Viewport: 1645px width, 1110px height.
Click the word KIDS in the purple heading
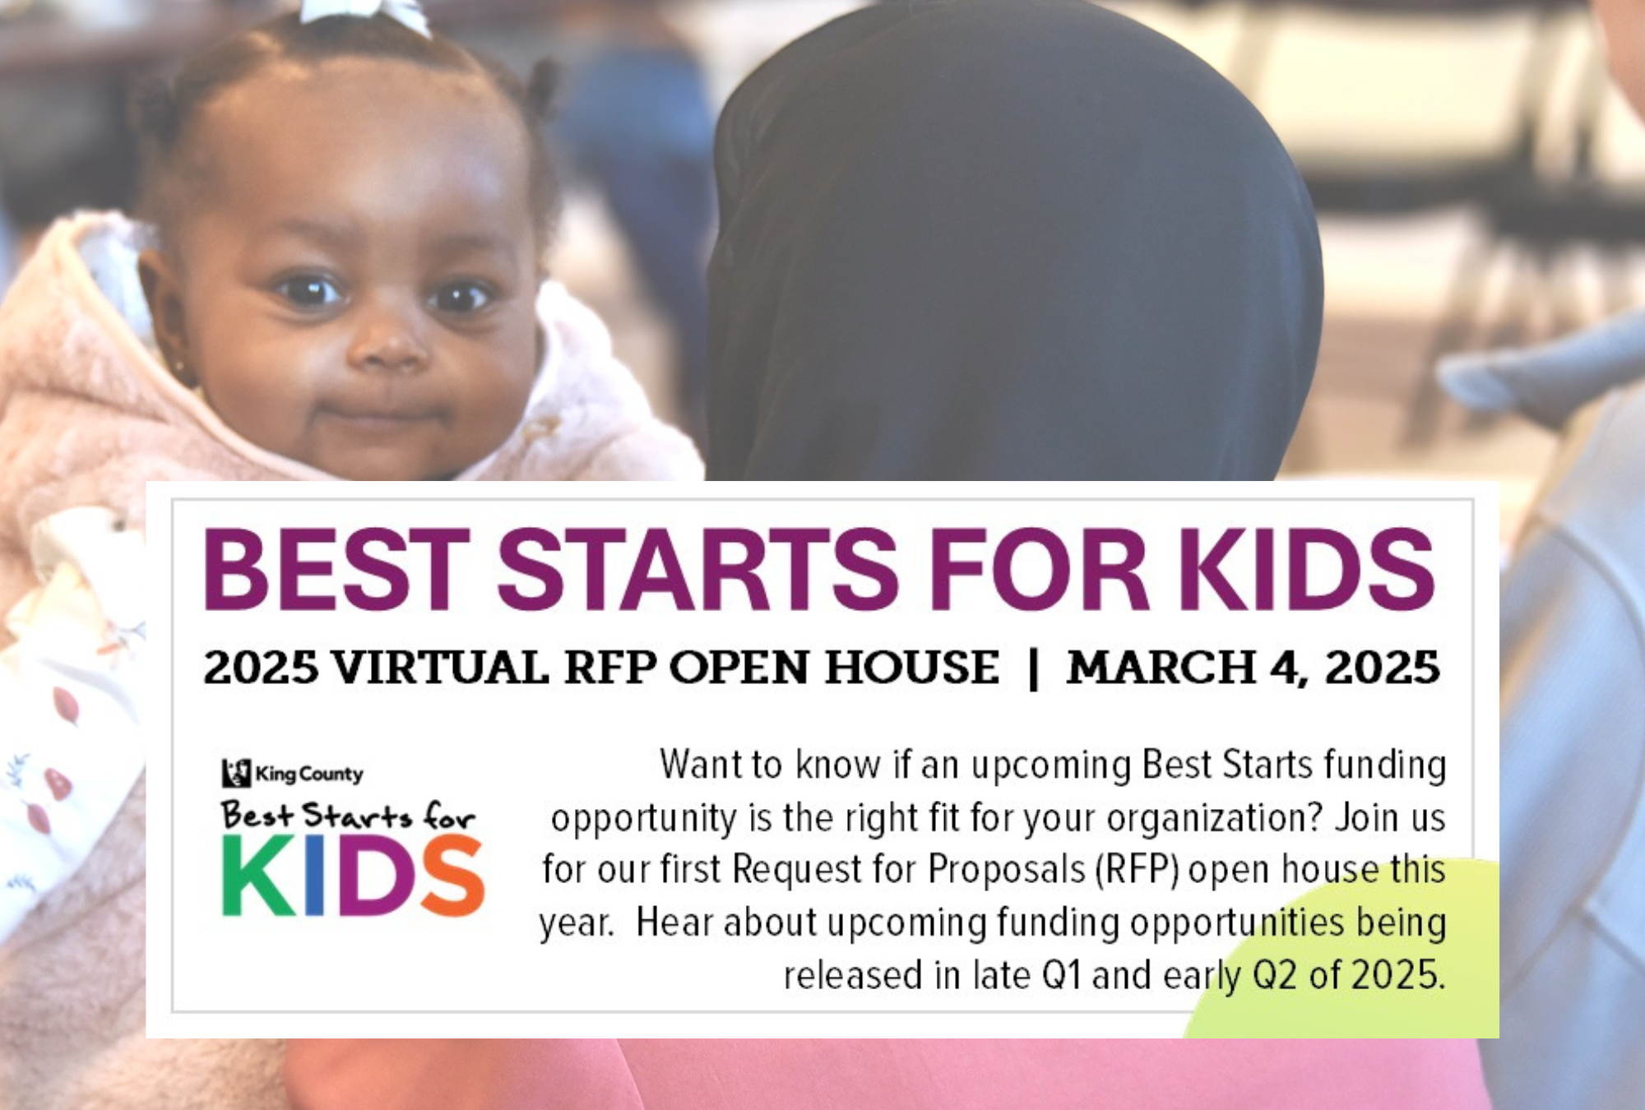(1307, 569)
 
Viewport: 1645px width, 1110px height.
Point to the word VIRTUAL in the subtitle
(440, 667)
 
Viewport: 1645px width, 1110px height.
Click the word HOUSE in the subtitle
(912, 667)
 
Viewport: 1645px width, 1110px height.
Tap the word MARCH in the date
(1161, 667)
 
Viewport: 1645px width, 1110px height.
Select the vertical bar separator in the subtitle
(1034, 668)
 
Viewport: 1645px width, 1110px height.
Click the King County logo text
(308, 774)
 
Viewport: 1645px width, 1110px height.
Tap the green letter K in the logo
(257, 875)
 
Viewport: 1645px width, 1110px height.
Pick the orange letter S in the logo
(452, 875)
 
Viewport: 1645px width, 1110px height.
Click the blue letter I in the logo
(314, 875)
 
